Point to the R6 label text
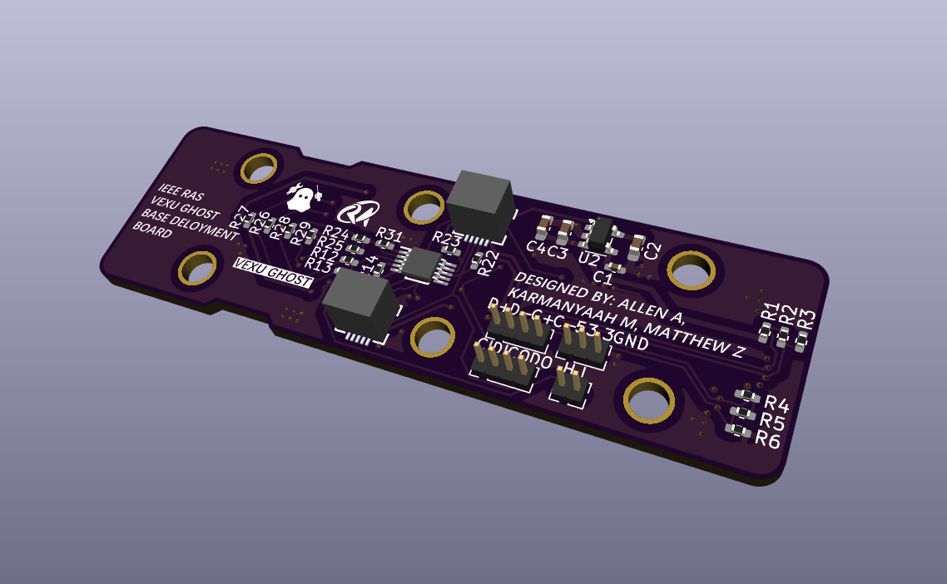[x=767, y=439]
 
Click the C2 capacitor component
[x=637, y=245]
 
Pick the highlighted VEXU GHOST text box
[x=272, y=274]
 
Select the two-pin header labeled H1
[x=569, y=385]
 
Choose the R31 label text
[x=389, y=235]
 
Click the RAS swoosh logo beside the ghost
[x=363, y=213]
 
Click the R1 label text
[x=770, y=313]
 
